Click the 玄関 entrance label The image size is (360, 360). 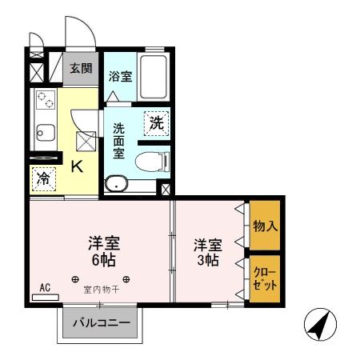click(x=78, y=69)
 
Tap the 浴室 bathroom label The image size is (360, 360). click(x=121, y=76)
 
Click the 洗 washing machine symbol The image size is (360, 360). click(x=156, y=123)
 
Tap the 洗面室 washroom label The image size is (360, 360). click(x=118, y=139)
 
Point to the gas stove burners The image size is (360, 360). click(x=45, y=102)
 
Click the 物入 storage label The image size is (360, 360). click(x=266, y=226)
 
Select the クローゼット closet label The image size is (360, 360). click(x=266, y=277)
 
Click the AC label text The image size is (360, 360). click(x=45, y=287)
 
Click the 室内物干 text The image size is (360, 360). click(x=102, y=290)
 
